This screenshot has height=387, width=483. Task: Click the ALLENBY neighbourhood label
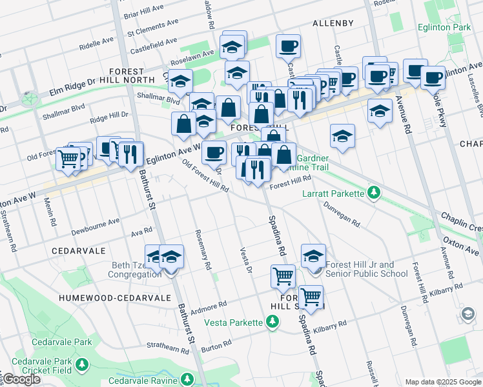(333, 23)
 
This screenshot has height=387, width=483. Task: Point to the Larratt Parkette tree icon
(373, 192)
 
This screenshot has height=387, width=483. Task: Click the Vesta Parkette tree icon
(272, 322)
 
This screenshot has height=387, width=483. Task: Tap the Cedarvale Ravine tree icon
(187, 379)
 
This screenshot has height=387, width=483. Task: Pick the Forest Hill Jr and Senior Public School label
(367, 269)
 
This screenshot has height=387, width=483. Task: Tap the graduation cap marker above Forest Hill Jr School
(313, 255)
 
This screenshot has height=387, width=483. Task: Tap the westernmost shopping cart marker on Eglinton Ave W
(68, 159)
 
